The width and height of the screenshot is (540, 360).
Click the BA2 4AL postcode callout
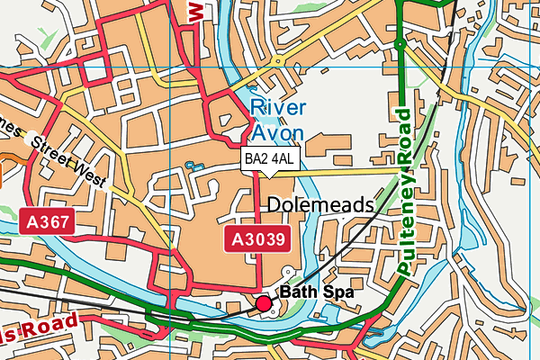tap(269, 159)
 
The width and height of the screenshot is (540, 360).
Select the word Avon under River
tap(277, 132)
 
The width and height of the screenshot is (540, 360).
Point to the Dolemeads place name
tap(320, 205)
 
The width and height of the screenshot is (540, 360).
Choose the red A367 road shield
tap(47, 220)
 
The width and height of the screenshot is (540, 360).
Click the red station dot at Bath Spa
tap(264, 304)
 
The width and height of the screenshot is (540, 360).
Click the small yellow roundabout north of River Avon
tap(278, 62)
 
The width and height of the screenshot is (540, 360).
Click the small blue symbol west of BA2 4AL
tap(190, 166)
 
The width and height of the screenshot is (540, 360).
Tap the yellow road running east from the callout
tap(351, 169)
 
